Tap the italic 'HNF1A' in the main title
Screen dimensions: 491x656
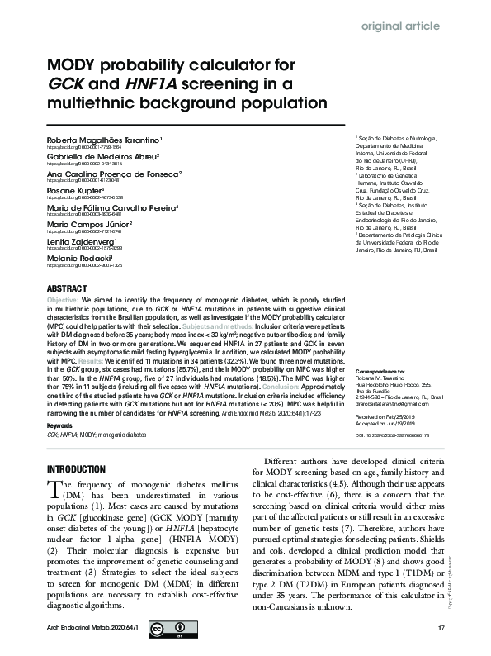(153, 85)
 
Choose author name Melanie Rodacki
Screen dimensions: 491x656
(80, 258)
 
